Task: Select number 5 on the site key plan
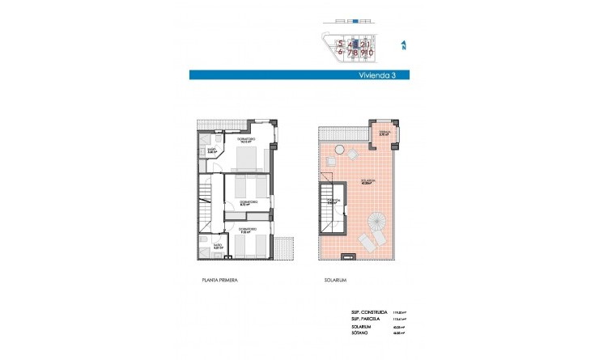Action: tap(341, 44)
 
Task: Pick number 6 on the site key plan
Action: tap(341, 53)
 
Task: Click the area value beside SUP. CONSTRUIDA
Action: tap(398, 311)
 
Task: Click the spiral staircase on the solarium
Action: tap(376, 220)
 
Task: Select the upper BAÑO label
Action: tap(210, 150)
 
